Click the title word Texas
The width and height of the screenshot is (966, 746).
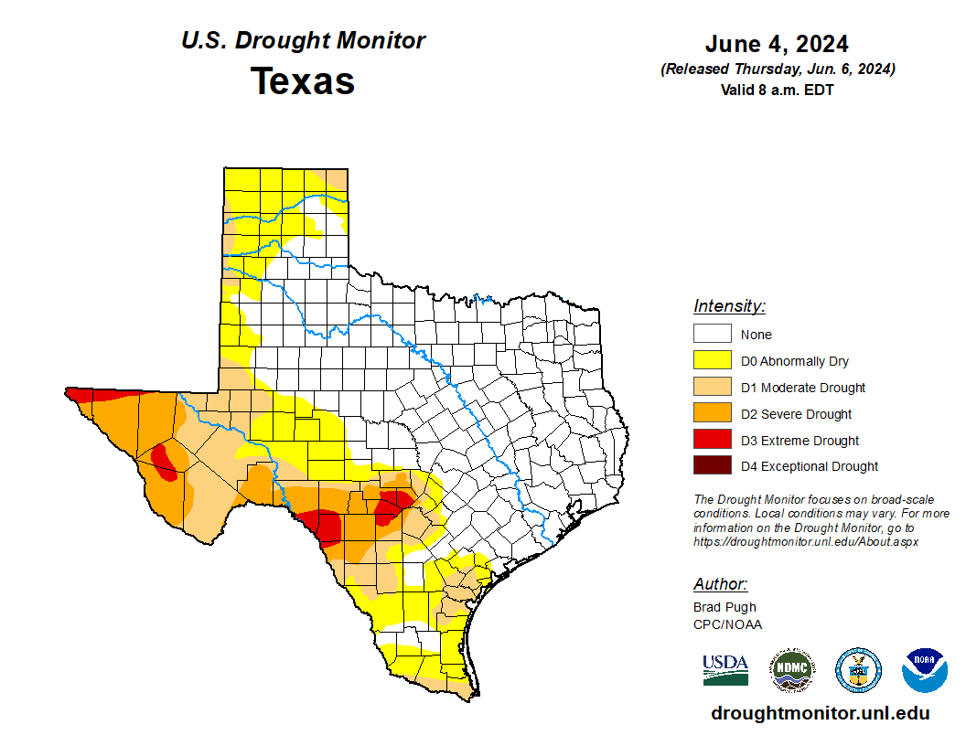(303, 81)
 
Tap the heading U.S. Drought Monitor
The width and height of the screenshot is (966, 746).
(303, 41)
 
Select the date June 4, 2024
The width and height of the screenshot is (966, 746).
(777, 44)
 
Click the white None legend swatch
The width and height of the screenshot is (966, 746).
(712, 335)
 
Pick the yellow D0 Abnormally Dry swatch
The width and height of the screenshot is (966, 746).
(712, 361)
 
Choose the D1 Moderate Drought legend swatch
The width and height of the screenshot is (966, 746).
(712, 388)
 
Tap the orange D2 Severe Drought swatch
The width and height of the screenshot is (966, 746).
(712, 414)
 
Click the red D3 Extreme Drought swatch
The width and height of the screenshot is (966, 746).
(712, 440)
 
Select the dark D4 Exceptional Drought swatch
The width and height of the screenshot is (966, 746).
(712, 466)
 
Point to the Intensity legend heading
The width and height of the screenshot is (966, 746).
(729, 306)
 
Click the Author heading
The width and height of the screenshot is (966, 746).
(720, 584)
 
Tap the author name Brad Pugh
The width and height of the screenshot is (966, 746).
(724, 607)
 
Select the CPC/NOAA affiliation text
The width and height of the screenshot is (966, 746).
(727, 624)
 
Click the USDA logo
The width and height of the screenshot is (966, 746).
(725, 669)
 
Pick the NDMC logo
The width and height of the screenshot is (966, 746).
(791, 670)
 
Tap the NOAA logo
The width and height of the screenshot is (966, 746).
(925, 670)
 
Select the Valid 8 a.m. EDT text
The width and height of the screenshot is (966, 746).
(777, 90)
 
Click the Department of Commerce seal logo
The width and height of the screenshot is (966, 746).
(858, 670)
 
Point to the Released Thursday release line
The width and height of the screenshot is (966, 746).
(777, 69)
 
